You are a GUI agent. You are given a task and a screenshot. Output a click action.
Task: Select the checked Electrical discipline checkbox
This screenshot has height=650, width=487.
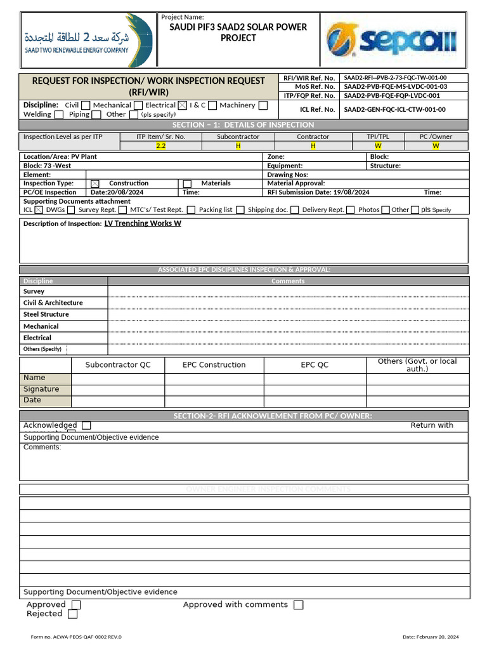click(x=183, y=105)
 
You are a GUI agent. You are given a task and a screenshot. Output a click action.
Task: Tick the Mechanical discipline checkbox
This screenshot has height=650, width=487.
click(x=138, y=105)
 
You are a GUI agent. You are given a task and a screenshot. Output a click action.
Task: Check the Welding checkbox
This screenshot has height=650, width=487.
click(x=59, y=115)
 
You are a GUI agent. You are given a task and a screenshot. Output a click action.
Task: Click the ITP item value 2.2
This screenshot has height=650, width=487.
click(x=160, y=145)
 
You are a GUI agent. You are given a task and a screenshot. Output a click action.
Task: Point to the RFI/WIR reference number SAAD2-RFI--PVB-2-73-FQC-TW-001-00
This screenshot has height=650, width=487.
click(x=395, y=77)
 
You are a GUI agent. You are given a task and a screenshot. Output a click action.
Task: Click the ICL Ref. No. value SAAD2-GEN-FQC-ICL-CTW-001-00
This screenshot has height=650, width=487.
click(x=394, y=109)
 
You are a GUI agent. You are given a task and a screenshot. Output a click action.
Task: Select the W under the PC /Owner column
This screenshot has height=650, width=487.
click(x=436, y=145)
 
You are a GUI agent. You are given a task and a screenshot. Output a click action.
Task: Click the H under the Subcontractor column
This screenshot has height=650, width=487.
click(x=238, y=145)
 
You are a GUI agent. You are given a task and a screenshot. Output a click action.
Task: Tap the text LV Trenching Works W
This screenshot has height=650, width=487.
click(x=143, y=223)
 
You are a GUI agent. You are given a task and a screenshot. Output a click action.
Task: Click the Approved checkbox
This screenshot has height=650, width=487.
click(x=76, y=605)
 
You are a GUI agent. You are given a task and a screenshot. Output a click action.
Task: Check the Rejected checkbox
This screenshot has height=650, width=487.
click(x=73, y=614)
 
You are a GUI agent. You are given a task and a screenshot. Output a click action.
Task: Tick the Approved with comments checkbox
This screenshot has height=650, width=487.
click(x=299, y=605)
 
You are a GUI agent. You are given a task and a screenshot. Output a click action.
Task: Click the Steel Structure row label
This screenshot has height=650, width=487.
click(x=46, y=314)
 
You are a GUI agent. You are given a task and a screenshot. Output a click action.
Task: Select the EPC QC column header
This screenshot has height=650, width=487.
click(x=315, y=365)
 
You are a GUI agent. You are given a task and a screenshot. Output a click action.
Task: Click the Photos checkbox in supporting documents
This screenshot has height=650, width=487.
click(x=386, y=210)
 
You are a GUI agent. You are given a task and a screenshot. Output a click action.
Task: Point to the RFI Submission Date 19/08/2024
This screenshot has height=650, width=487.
click(x=318, y=192)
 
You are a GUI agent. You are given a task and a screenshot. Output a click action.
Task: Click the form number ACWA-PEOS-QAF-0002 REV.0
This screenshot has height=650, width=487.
click(x=76, y=637)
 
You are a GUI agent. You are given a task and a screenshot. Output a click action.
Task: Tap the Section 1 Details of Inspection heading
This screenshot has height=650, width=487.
click(x=243, y=125)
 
